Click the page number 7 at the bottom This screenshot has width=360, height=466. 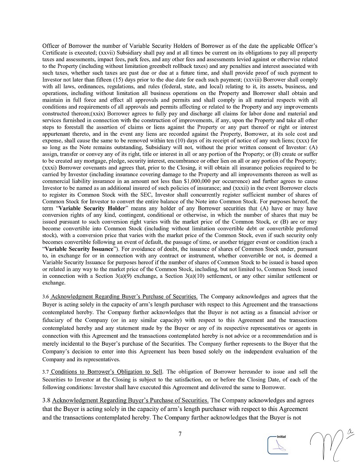coord(180,434)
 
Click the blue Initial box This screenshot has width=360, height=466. coord(279,444)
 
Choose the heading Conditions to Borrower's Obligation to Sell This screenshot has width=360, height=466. coord(107,371)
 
